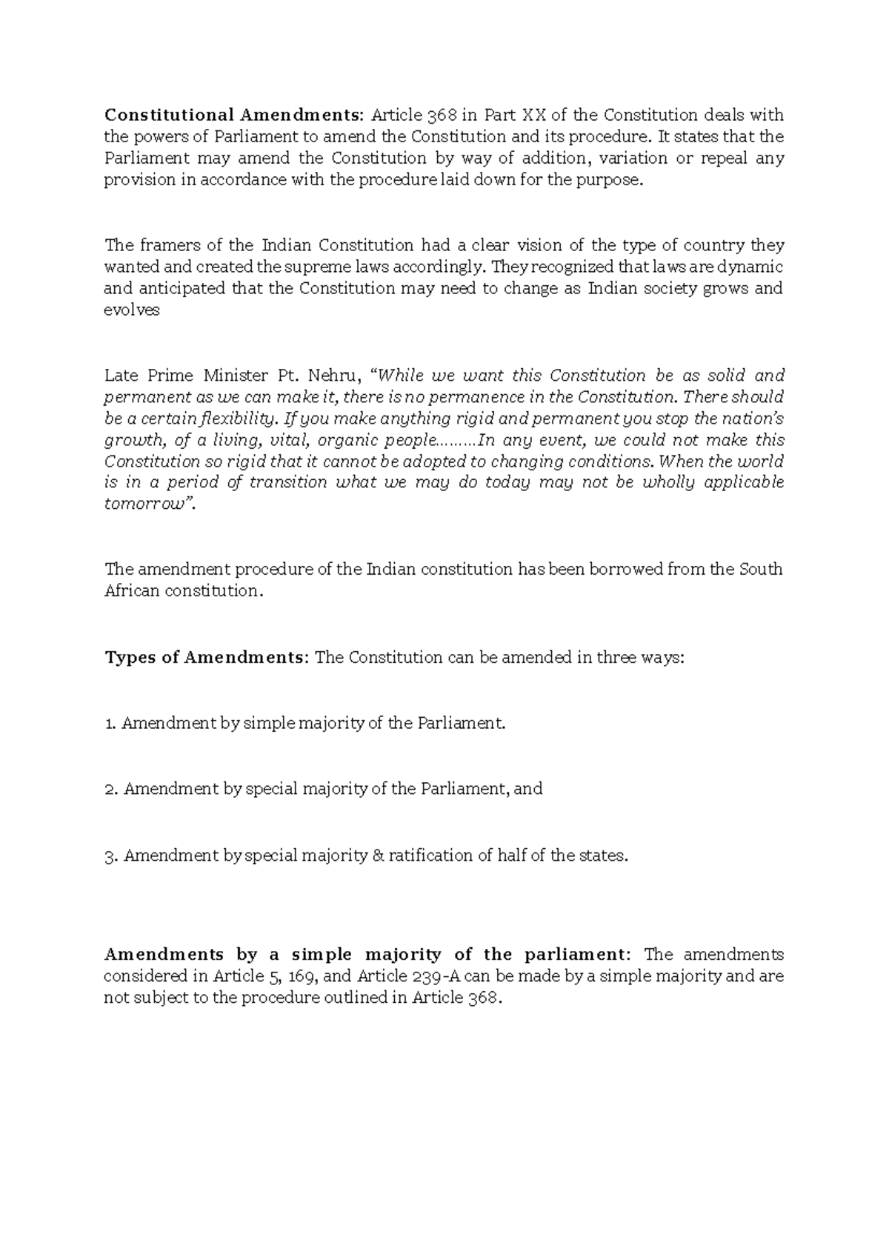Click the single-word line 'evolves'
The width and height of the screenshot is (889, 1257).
coord(131,310)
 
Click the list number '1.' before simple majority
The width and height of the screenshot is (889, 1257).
coord(111,724)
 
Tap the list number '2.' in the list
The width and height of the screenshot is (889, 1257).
coord(112,790)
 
